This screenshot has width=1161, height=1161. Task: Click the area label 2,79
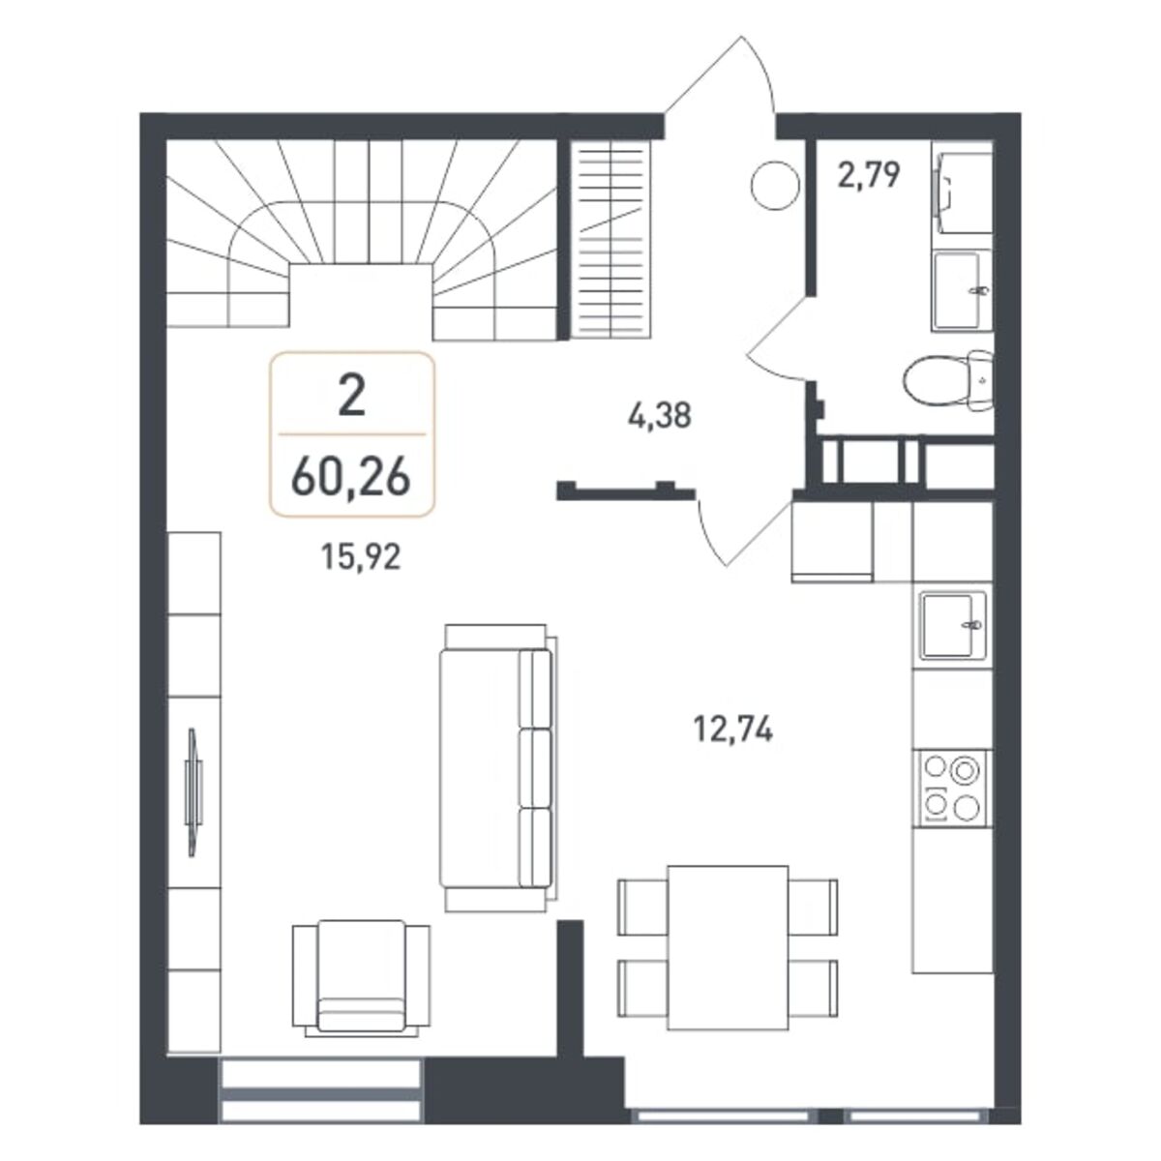coord(869,176)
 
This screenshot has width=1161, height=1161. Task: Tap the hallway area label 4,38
coord(659,415)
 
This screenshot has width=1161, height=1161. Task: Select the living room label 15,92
coord(360,556)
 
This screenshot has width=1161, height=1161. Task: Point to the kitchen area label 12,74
coord(732,730)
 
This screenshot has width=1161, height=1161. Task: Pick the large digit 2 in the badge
coord(352,396)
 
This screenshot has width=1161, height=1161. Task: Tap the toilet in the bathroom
coord(948,381)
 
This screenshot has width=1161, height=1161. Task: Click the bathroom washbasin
coord(962,291)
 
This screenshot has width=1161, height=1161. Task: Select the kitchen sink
coord(953,626)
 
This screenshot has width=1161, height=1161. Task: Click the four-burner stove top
coord(953,789)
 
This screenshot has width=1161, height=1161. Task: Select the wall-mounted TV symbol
coord(193,792)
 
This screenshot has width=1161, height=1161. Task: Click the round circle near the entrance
coord(775,186)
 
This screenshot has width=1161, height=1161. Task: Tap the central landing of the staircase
coord(360,301)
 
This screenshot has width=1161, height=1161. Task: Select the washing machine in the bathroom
coord(962,188)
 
